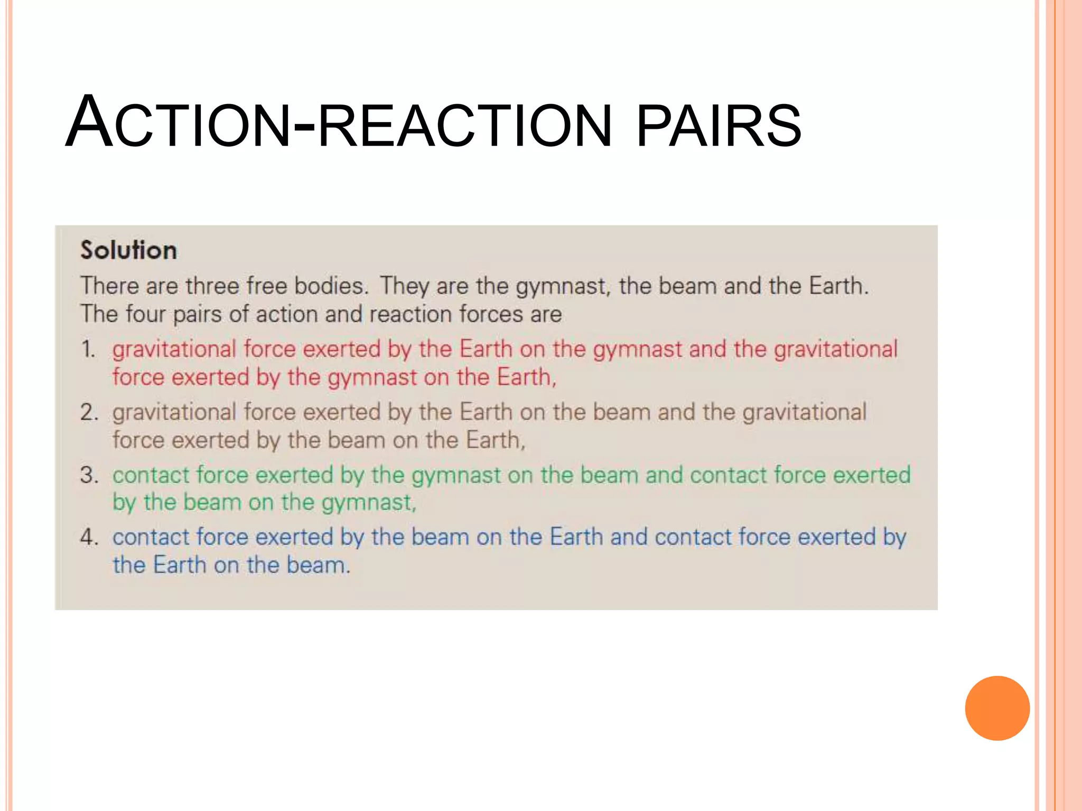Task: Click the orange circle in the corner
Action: click(x=997, y=708)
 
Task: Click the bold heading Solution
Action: click(x=128, y=250)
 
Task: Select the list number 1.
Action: click(x=88, y=350)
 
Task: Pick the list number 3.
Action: click(x=89, y=475)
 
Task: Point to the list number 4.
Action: click(x=89, y=537)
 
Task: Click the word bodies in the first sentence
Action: click(x=331, y=286)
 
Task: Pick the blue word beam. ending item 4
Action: click(x=318, y=565)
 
